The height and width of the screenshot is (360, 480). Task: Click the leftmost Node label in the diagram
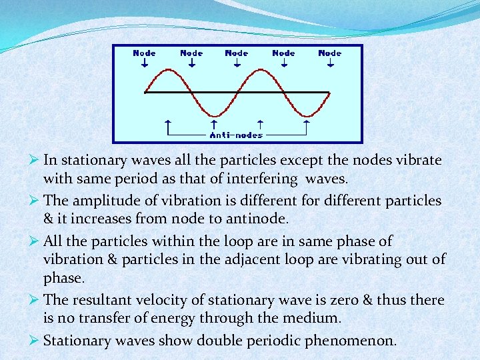pos(145,53)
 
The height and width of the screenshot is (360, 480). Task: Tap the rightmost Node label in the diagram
pos(330,53)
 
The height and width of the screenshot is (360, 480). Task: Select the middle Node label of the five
pos(237,53)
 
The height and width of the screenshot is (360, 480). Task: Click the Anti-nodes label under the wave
pos(237,135)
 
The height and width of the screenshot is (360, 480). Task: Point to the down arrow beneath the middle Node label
pos(237,63)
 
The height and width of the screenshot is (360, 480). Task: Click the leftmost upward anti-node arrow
pos(167,124)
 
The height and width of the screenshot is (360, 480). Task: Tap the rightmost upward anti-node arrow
pos(307,124)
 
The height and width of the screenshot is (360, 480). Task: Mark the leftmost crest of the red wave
pos(168,69)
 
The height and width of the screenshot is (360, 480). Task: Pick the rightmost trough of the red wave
pos(307,115)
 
